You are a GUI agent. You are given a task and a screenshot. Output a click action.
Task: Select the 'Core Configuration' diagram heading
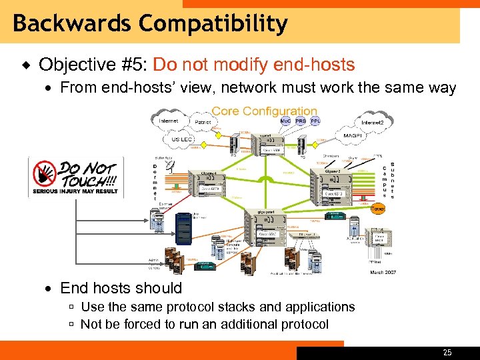(265, 111)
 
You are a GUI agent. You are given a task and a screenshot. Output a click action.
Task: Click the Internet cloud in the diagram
(169, 121)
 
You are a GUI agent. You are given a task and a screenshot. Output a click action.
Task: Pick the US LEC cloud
(181, 140)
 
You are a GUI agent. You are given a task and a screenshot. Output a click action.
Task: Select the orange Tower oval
(377, 208)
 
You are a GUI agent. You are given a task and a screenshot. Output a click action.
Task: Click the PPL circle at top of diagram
(315, 121)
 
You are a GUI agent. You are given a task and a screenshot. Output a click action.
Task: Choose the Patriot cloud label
(203, 123)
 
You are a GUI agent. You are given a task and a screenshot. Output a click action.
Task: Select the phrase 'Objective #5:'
(94, 65)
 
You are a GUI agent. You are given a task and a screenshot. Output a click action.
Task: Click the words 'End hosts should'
(121, 288)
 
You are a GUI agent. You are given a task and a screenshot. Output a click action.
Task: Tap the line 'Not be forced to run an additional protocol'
(204, 324)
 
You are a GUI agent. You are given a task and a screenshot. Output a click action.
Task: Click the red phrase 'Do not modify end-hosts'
(253, 65)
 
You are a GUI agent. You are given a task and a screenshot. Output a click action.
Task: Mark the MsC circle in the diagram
(285, 121)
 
